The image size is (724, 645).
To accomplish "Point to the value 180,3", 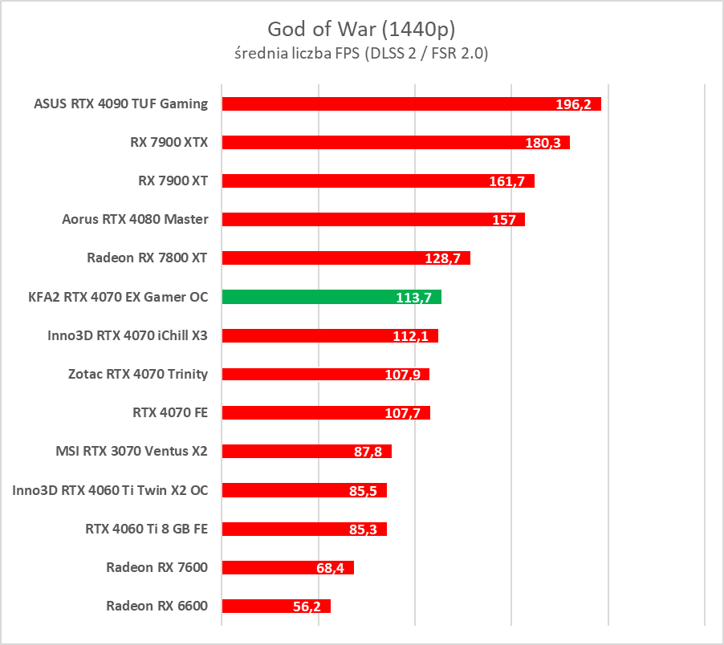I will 541,143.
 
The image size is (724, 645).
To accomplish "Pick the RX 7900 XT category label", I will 173,181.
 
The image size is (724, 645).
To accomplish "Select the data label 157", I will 504,220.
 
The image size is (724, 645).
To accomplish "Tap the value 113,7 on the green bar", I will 413,298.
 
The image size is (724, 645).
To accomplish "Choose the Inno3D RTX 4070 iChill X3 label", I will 128,335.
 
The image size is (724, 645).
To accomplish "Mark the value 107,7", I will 402,413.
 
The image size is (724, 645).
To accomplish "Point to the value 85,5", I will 364,490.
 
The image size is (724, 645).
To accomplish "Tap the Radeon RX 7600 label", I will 157,567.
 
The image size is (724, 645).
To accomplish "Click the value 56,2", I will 307,606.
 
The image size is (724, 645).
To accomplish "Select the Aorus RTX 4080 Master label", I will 135,219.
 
